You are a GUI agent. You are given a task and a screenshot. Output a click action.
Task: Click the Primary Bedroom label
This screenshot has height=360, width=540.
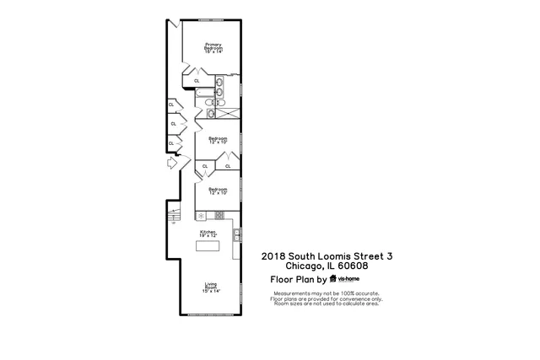point(212,48)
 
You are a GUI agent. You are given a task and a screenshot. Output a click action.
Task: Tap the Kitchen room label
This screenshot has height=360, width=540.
point(207,231)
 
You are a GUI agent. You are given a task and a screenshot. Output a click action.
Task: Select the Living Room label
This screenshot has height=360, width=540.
point(211,287)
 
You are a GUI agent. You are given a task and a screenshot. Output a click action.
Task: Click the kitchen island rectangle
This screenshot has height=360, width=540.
point(208,246)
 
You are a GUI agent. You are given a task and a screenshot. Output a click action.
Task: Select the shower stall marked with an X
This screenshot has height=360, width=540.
point(228,110)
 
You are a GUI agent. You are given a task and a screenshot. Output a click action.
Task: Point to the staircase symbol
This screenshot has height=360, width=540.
point(174,215)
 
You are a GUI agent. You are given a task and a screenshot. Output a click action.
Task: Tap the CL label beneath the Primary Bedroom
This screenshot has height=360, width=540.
point(197,81)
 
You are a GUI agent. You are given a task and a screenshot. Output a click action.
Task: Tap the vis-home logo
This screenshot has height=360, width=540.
point(346,278)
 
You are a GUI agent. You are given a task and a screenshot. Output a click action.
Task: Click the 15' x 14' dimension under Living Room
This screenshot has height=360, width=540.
point(211,291)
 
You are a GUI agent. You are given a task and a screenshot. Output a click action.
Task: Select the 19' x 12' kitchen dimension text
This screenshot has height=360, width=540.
point(208,235)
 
